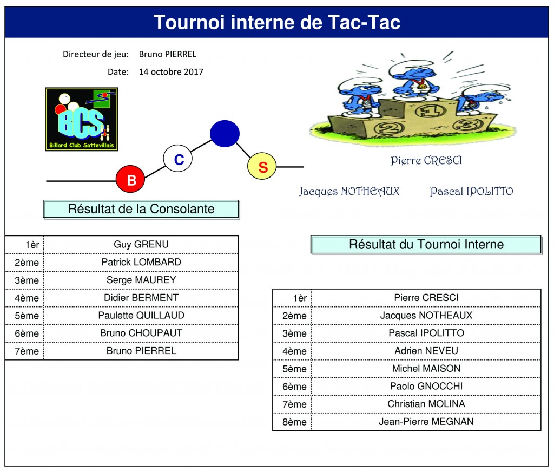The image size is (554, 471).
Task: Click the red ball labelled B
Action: (x=130, y=179)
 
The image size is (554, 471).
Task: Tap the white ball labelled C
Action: (x=177, y=159)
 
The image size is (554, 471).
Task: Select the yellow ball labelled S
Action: (x=262, y=166)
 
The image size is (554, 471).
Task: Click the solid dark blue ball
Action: (x=225, y=133)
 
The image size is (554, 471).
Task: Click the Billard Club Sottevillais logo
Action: (x=82, y=119)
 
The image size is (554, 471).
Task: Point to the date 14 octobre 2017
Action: (x=171, y=72)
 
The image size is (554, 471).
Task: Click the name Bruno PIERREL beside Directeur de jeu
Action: (x=168, y=54)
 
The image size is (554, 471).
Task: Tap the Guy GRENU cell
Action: (x=141, y=244)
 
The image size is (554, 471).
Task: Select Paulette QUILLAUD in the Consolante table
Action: (x=141, y=316)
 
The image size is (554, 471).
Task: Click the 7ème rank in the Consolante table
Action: (x=27, y=351)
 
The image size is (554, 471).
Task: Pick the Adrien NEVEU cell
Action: (x=426, y=351)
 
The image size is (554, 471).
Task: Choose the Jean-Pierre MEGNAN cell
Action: (x=426, y=422)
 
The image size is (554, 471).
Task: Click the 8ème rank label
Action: (x=294, y=422)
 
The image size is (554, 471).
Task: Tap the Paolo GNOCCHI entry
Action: (x=426, y=386)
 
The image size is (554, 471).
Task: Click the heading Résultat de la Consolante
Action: (x=141, y=209)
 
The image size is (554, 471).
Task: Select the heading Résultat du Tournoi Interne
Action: (x=426, y=244)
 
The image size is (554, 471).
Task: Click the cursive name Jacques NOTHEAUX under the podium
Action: (x=349, y=192)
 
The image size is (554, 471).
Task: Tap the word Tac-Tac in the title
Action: (x=364, y=22)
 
